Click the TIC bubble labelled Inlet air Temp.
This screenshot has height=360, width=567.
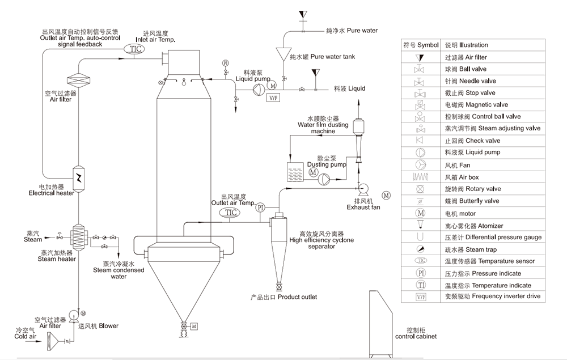point(134,49)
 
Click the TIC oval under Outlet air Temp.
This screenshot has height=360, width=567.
point(230,213)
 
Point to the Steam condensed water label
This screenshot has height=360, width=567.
point(119,270)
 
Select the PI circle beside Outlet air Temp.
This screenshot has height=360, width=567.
point(260,207)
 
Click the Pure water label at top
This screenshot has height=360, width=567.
point(352,31)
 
